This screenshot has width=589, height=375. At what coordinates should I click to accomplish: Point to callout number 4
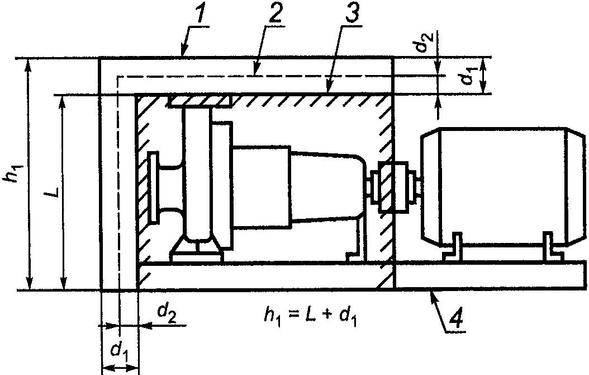tap(455, 318)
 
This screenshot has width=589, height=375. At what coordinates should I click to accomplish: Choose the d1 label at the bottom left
tap(118, 351)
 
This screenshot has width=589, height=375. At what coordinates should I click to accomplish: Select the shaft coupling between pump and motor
tap(393, 186)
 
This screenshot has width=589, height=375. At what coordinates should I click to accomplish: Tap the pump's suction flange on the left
tap(153, 187)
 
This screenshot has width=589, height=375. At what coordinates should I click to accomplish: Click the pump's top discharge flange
tap(199, 101)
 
